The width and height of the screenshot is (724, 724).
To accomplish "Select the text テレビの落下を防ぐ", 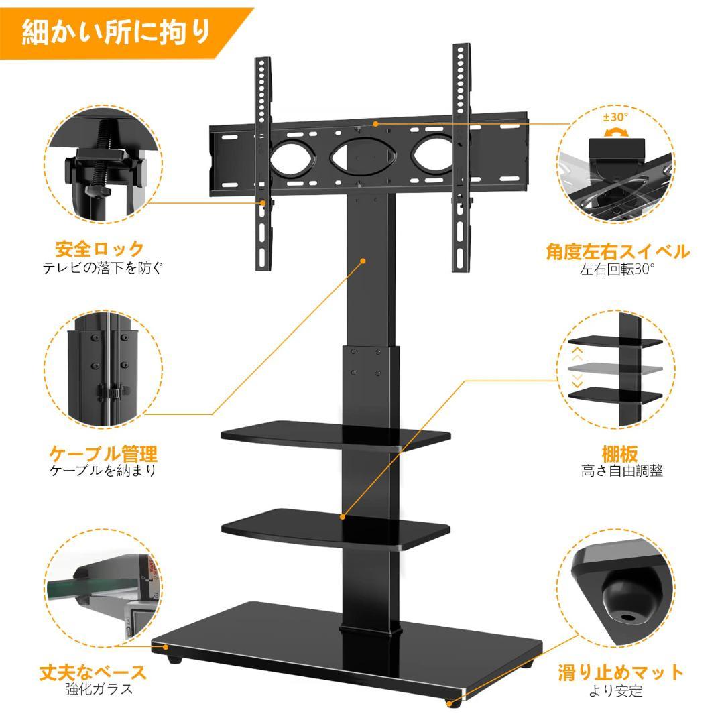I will point(103,268).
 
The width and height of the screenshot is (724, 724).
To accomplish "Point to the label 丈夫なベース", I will point(93,672).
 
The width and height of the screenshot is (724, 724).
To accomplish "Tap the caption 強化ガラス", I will point(99,689).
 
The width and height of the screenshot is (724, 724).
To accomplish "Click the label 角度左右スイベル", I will point(617,252).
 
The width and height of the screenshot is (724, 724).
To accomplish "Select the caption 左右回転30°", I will point(617,269).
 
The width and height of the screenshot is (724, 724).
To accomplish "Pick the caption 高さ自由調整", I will point(622,471).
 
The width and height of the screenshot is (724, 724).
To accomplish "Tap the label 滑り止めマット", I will point(621,672).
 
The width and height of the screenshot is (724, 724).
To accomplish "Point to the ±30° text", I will point(615,117).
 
